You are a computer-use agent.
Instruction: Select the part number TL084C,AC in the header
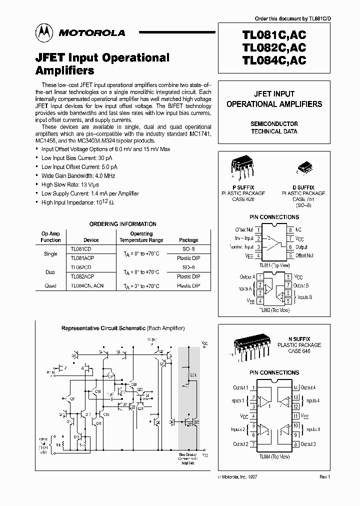273,59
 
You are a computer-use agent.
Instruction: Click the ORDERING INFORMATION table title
122,224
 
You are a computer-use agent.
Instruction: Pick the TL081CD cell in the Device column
81,248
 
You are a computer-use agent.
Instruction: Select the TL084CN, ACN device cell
87,285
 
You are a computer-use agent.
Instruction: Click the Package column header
188,240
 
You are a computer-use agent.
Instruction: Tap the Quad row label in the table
50,285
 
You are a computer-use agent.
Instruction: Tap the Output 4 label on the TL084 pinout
307,387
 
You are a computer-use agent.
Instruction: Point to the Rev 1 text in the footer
324,477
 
